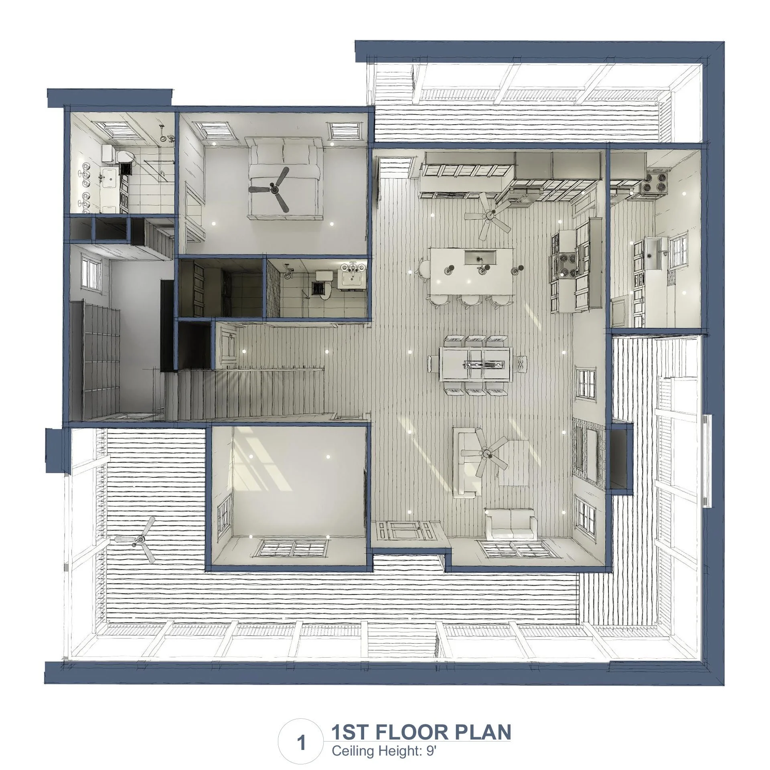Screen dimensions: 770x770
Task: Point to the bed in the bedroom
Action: (x=285, y=178)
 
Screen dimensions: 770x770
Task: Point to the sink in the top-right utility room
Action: (x=656, y=253)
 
